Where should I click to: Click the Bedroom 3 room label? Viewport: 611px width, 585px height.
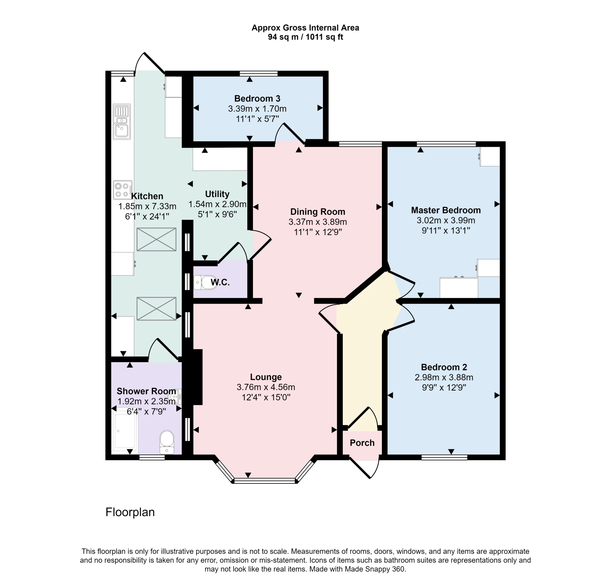point(257,99)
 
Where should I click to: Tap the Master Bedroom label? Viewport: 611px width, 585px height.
point(446,210)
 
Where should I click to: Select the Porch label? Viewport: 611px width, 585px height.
point(362,443)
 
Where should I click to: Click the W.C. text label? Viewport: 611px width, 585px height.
point(220,282)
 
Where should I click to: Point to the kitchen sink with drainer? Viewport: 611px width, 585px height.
point(122,121)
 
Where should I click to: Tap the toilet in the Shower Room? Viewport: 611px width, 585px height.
point(167,442)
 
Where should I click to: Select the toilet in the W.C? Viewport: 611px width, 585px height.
point(205,282)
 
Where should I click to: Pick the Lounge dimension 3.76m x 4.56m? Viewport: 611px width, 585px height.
point(266,387)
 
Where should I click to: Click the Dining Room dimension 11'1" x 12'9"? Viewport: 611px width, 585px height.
point(318,232)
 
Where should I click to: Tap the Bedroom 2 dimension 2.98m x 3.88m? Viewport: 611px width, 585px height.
point(444,377)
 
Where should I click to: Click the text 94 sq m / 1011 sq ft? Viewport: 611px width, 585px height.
point(305,37)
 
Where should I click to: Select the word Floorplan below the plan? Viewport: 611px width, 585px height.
point(130,512)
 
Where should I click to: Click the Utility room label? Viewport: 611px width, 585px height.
point(217,194)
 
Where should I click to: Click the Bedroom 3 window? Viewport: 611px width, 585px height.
point(258,74)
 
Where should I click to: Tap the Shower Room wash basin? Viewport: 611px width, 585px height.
point(177,397)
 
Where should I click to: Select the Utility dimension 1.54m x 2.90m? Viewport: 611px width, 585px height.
point(217,204)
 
